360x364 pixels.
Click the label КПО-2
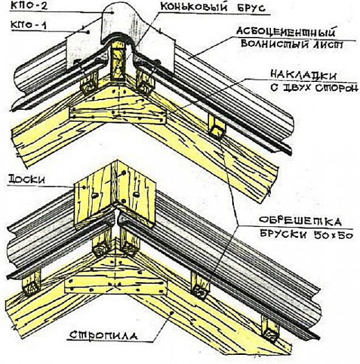point(29,6)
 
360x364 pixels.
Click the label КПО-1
point(28,25)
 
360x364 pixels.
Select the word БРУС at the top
point(251,8)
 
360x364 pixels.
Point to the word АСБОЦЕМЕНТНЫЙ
point(286,32)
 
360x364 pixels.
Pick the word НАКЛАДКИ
point(303,75)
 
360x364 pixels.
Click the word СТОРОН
point(335,88)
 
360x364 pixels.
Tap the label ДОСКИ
point(27,180)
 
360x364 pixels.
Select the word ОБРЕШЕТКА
point(300,221)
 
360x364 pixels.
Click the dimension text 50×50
point(333,235)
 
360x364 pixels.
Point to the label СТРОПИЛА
point(103,335)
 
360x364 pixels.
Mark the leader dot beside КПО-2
point(113,13)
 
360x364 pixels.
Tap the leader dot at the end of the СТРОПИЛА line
point(172,312)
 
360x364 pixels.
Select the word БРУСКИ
point(284,235)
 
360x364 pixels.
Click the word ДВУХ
point(293,88)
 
